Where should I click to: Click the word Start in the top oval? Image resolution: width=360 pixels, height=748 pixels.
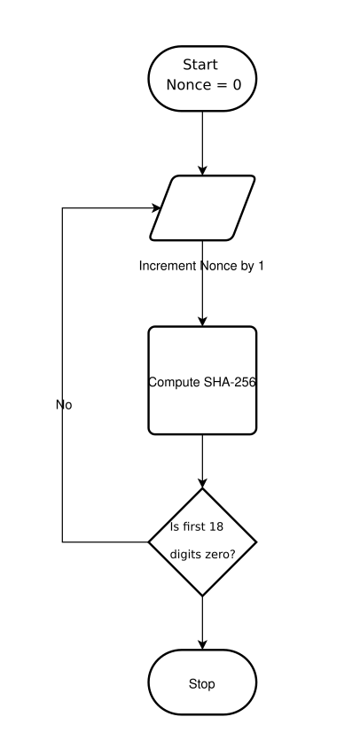tap(200, 65)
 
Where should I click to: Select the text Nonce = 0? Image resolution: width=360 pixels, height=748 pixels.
tap(204, 85)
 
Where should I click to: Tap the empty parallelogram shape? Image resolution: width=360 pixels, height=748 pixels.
tap(202, 208)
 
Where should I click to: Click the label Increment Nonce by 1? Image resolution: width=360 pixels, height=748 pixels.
tap(201, 266)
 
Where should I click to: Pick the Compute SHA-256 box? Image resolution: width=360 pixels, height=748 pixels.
tap(202, 381)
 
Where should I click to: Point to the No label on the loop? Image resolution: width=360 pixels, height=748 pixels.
tap(64, 405)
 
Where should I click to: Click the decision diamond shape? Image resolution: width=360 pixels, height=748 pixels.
tap(202, 542)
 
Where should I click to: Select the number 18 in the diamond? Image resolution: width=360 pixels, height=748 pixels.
tap(216, 526)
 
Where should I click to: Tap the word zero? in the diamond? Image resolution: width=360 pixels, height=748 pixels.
tap(220, 554)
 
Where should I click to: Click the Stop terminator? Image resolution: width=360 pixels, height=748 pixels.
tap(202, 682)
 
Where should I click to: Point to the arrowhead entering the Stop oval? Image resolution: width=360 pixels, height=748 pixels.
tap(202, 644)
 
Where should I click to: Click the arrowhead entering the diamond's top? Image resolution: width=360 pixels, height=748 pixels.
tap(202, 482)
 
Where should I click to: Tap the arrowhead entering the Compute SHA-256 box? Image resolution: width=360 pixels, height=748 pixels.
tap(202, 321)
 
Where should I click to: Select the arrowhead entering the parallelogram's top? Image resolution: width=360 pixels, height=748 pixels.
tap(202, 170)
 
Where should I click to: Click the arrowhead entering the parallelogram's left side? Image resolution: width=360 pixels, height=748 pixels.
tap(157, 208)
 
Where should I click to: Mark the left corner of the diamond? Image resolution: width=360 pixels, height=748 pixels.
tap(148, 542)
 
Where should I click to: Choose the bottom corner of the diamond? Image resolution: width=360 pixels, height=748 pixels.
tap(202, 596)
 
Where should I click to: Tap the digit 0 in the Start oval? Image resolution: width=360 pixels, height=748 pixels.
tap(237, 85)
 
